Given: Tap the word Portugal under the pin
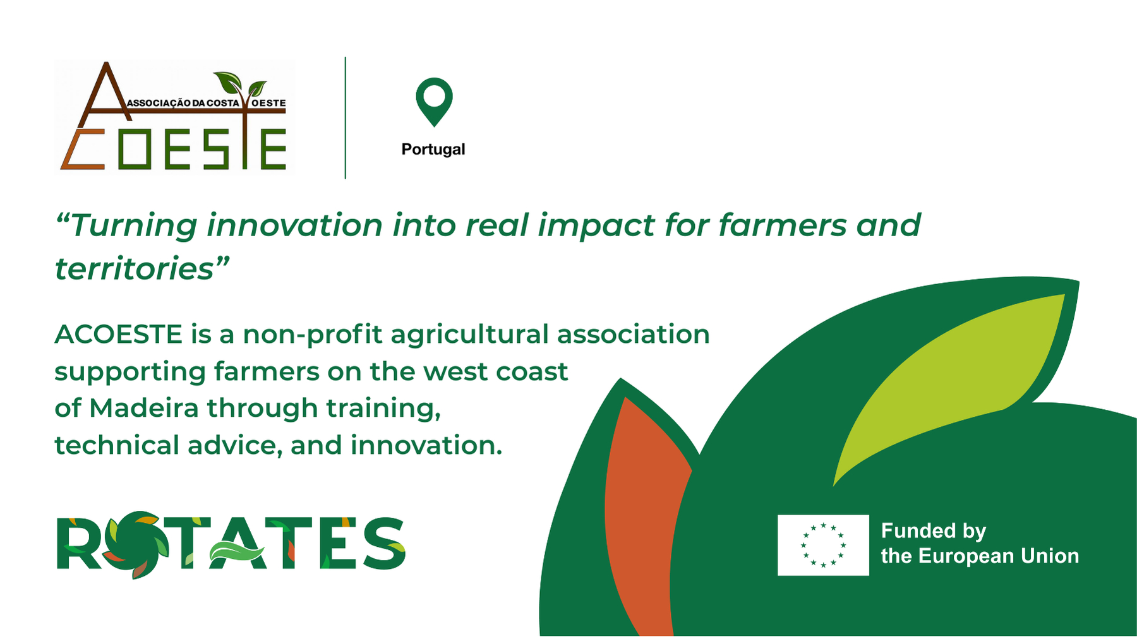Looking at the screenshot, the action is pos(433,150).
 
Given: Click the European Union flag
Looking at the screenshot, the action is pos(823,545).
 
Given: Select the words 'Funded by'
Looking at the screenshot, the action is pos(934,532).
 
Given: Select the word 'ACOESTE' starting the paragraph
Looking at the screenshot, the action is pos(119,334).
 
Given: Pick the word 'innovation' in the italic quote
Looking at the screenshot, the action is pos(294,225).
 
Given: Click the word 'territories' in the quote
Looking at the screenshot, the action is pos(135,269).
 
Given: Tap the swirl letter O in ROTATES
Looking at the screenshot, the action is pos(133,544).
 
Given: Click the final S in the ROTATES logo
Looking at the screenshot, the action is pos(383,544).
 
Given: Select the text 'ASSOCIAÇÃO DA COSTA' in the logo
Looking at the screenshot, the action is pos(184,103).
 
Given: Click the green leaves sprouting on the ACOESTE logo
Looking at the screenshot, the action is pos(240,85).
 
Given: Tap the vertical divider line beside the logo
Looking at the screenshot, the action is pos(346,118).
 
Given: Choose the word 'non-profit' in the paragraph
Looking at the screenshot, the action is pos(314,335).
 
